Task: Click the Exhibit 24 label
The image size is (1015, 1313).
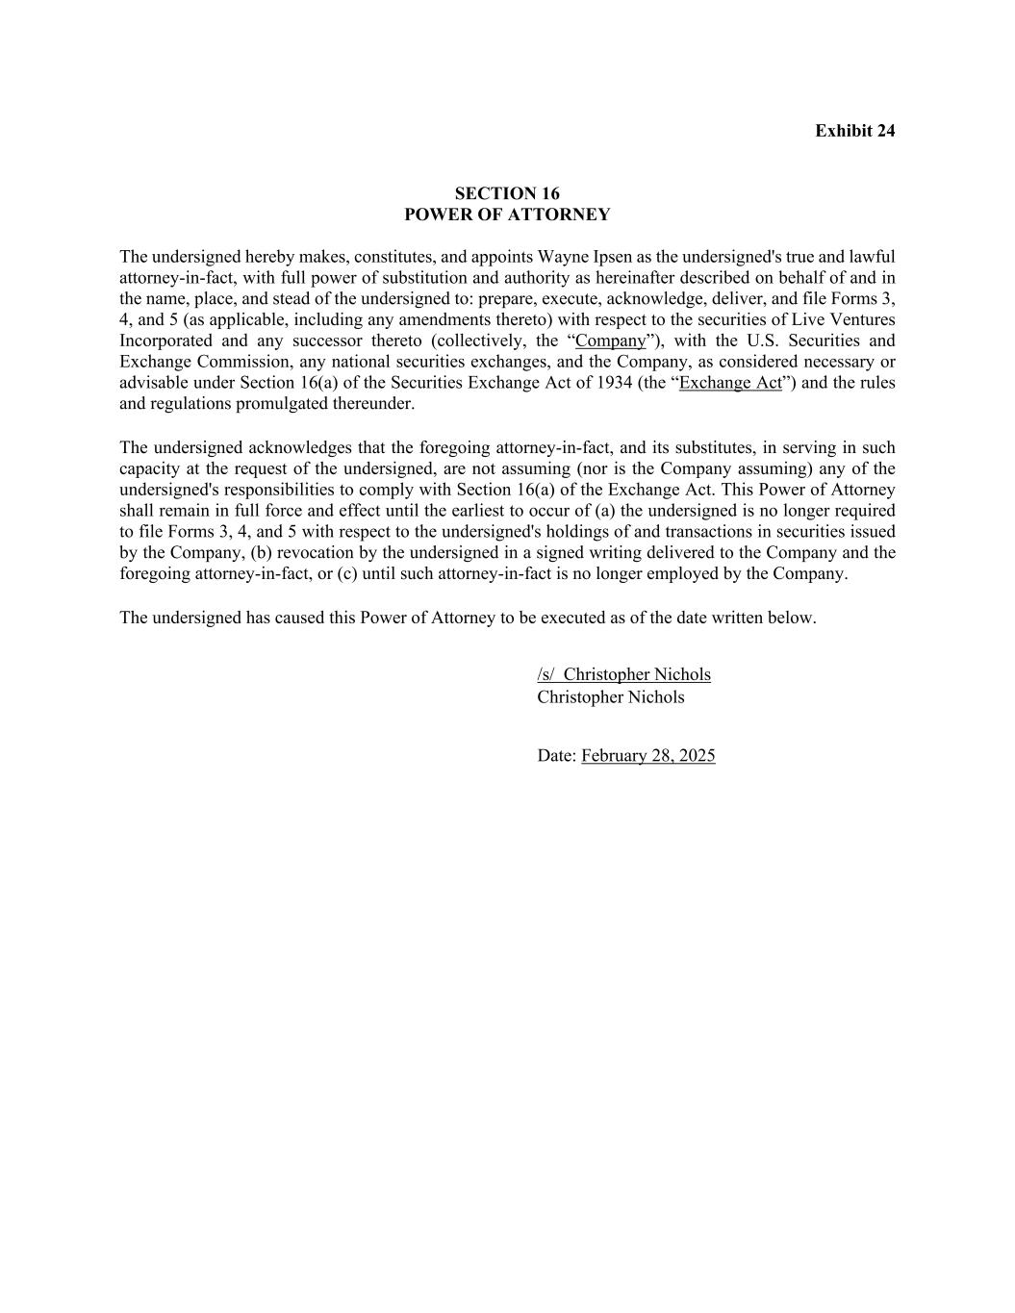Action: tap(854, 131)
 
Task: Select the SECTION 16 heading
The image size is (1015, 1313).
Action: tap(507, 193)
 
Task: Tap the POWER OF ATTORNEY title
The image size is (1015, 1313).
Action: tap(507, 215)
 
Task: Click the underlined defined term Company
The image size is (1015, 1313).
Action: tap(610, 341)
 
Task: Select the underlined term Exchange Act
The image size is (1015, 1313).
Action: tap(730, 383)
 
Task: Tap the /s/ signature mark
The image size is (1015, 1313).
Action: tap(546, 674)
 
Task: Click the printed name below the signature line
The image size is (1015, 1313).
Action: tap(611, 697)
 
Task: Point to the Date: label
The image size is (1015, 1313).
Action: tap(556, 756)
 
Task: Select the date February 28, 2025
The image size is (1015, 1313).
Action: tap(647, 756)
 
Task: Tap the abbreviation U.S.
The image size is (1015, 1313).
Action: tap(765, 341)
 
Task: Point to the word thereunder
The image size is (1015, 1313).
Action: tap(372, 404)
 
